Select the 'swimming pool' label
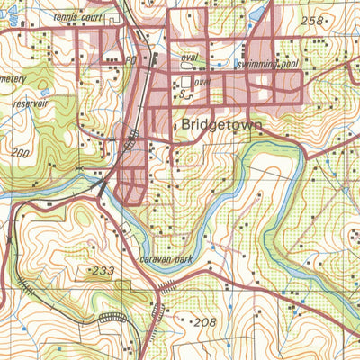pos(267,65)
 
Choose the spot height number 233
pos(100,270)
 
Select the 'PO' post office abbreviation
pos(130,59)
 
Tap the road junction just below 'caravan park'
pos(163,288)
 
